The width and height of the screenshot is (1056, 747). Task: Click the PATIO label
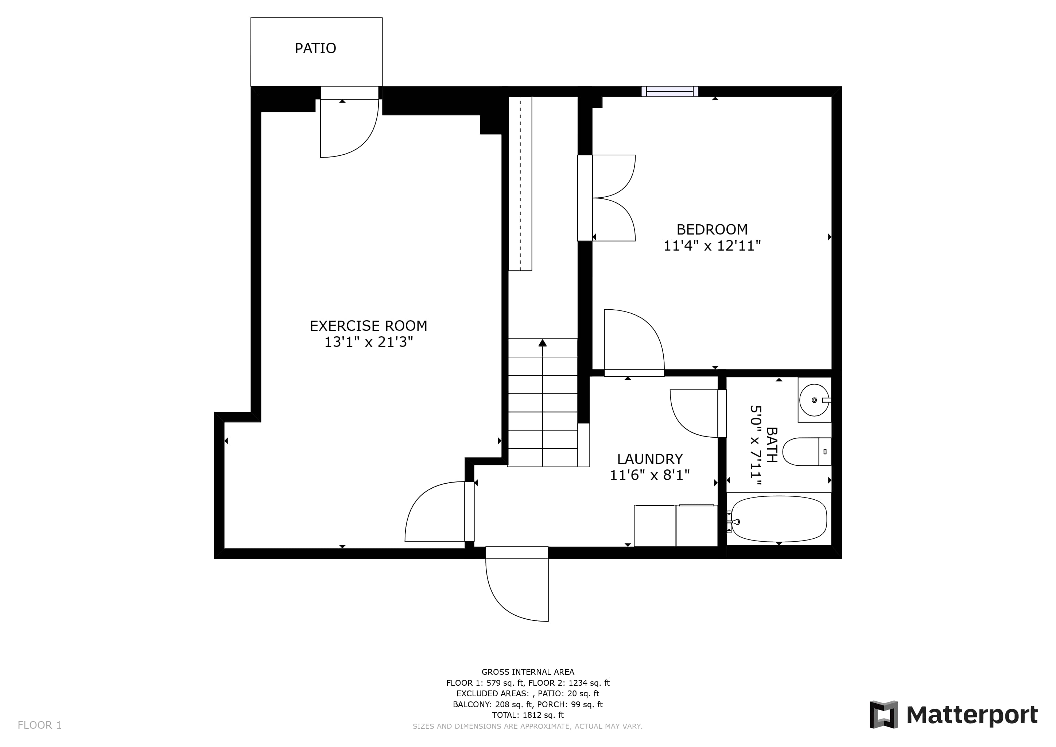pos(315,48)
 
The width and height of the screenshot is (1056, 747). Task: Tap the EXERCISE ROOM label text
pos(368,326)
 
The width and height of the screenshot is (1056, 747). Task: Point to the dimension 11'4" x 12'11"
pos(712,246)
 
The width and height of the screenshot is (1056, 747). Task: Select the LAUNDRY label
pos(650,459)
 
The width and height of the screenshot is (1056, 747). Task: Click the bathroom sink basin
pos(814,400)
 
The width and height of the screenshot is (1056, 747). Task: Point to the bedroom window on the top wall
pos(669,92)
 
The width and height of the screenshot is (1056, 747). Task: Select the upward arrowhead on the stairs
pos(543,343)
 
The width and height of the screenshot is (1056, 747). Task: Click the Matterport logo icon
pos(884,714)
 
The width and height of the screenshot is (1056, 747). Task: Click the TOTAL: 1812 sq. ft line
pos(528,715)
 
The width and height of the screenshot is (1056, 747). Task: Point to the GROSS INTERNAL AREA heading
pos(528,672)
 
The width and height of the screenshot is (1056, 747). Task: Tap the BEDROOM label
pos(712,229)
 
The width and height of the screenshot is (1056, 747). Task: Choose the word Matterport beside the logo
pos(972,716)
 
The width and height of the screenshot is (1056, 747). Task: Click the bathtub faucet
pos(733,522)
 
